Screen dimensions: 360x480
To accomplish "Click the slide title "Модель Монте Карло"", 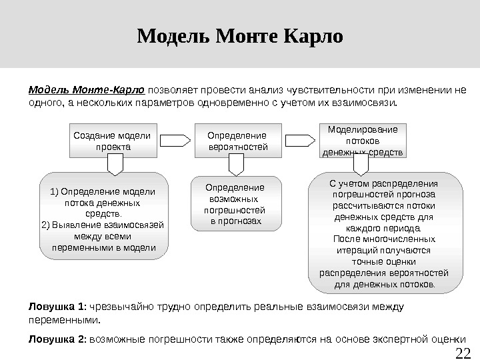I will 239,35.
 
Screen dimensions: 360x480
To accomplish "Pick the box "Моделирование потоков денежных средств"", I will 363,141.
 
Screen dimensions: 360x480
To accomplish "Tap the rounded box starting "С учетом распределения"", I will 385,233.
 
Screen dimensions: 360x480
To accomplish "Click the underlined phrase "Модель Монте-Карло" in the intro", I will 86,90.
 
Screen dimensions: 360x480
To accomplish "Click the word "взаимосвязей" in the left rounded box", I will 135,225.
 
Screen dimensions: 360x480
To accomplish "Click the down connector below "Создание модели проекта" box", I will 115,164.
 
